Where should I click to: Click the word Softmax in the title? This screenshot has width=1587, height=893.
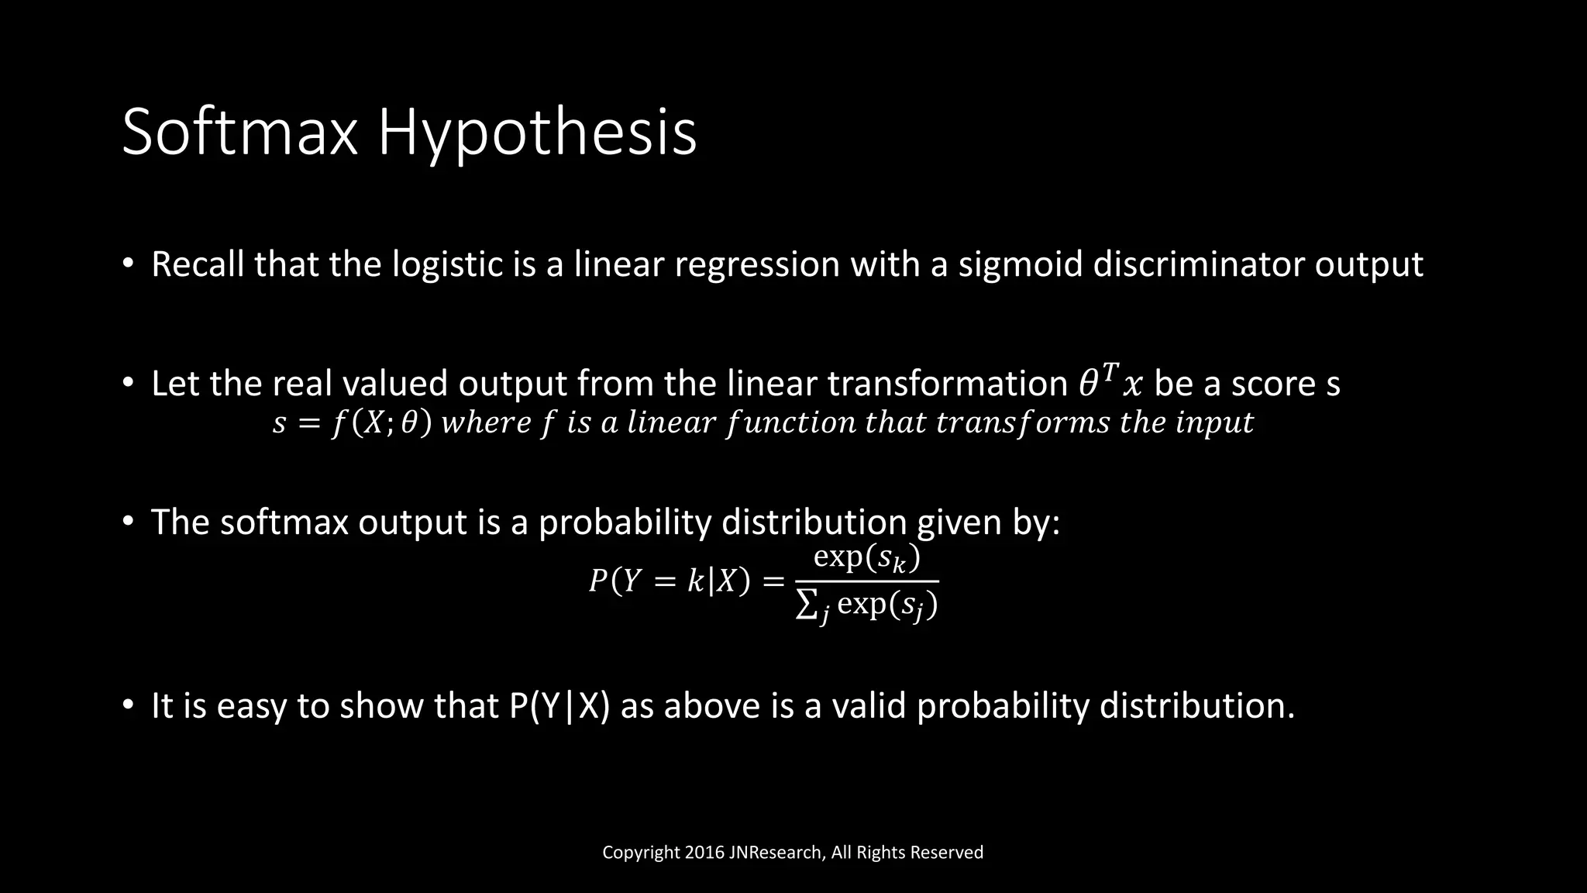(x=239, y=133)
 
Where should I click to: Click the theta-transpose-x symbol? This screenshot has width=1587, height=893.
(x=1110, y=383)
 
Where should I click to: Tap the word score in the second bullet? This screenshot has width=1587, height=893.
(x=1270, y=384)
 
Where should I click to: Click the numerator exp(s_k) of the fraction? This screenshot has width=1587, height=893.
(x=866, y=558)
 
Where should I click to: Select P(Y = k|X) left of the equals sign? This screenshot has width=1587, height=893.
(x=670, y=581)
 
